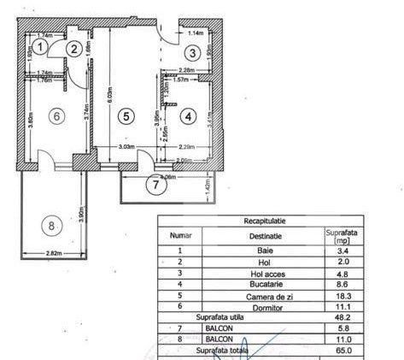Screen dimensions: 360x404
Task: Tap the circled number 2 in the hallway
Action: pos(75,49)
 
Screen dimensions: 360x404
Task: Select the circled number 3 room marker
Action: pos(194,54)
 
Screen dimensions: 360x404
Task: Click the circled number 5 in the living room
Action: pos(125,115)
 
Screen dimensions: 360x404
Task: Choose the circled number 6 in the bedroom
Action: pos(56,117)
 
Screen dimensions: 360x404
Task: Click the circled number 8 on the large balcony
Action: pos(51,226)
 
